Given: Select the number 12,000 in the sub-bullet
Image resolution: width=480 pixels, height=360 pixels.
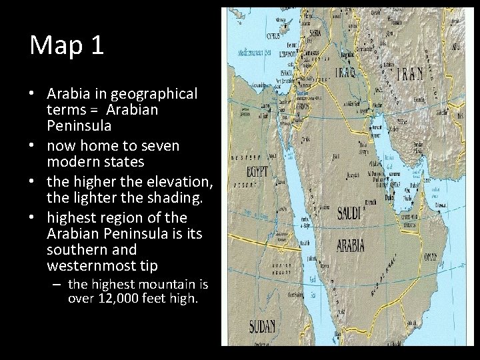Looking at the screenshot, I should click(x=124, y=299).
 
